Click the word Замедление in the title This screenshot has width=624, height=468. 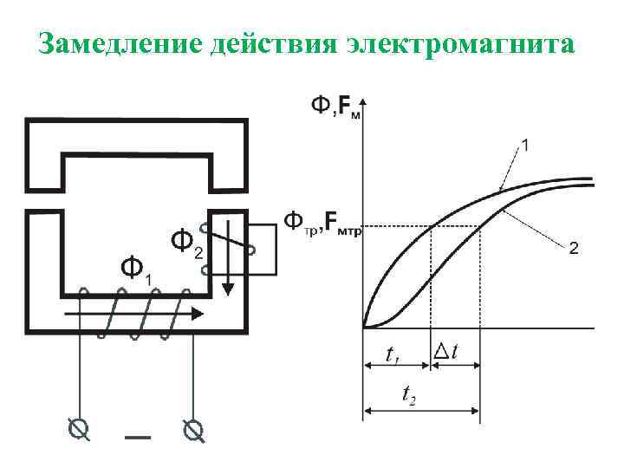(118, 42)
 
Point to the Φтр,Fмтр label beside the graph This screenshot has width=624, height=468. (321, 224)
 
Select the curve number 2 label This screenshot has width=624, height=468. (574, 249)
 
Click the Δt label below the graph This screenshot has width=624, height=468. (447, 352)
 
